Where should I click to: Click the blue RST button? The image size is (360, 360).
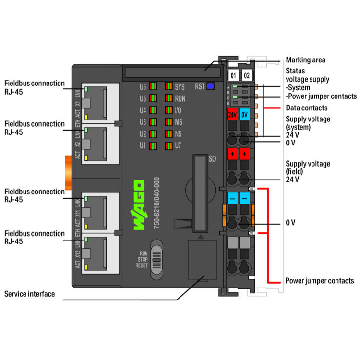tap(210, 87)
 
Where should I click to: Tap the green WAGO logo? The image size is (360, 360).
tap(138, 205)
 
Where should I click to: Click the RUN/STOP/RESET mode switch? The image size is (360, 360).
tap(157, 262)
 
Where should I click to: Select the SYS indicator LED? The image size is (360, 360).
tap(168, 87)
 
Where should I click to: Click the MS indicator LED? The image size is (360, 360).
tap(168, 122)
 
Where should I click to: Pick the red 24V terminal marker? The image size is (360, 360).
tap(232, 115)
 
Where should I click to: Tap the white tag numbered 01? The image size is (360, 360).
tap(233, 76)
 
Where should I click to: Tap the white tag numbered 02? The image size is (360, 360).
tap(247, 76)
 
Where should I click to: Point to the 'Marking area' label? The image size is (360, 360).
tap(305, 60)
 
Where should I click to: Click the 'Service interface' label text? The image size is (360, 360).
tap(30, 294)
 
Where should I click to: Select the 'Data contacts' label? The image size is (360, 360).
tap(306, 108)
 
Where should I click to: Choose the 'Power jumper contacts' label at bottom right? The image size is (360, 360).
tap(320, 281)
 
